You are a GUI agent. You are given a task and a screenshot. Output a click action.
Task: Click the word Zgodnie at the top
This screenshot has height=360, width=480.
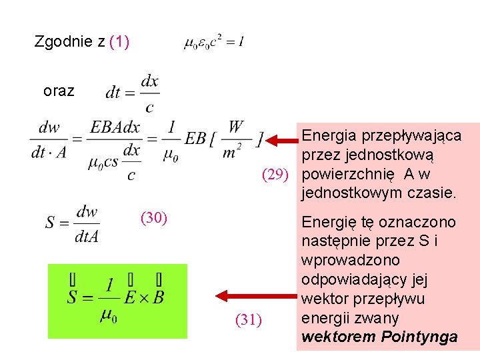[x=63, y=43]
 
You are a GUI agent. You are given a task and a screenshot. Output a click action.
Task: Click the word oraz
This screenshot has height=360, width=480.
[x=59, y=91]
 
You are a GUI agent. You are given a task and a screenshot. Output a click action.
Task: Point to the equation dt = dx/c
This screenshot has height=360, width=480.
[x=132, y=93]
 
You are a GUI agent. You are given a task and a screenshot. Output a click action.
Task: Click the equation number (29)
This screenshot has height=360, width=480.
[x=275, y=175]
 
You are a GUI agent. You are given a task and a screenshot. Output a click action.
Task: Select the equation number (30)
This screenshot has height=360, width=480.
[x=153, y=217]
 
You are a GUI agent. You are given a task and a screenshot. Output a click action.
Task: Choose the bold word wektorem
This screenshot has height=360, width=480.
[x=339, y=337]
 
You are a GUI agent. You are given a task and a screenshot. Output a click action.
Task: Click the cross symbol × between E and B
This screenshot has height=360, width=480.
[x=139, y=297]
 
